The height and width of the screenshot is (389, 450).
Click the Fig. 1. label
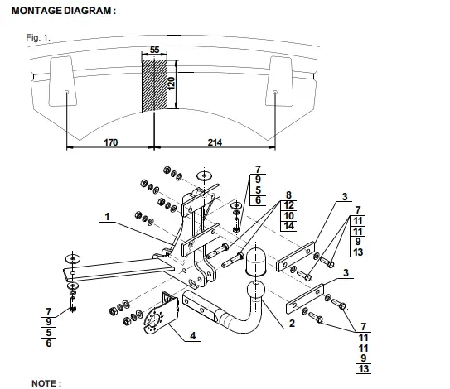[38, 37]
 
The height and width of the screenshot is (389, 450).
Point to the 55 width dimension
[154, 50]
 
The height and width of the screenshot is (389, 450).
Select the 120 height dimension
[171, 84]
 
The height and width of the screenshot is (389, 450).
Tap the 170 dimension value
[111, 142]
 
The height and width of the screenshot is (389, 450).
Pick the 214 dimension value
[215, 142]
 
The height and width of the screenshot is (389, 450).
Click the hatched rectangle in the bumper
[154, 85]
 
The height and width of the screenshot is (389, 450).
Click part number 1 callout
[107, 217]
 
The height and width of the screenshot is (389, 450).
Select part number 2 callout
[292, 324]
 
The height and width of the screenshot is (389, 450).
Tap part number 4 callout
[192, 336]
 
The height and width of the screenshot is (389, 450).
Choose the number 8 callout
[288, 195]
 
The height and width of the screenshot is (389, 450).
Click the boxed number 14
[288, 226]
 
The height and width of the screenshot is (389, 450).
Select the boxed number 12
[288, 205]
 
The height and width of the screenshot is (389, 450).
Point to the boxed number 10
[288, 215]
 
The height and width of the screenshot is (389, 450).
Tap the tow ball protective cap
[255, 262]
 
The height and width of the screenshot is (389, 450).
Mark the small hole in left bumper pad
[66, 92]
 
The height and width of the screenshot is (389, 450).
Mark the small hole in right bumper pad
[274, 92]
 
